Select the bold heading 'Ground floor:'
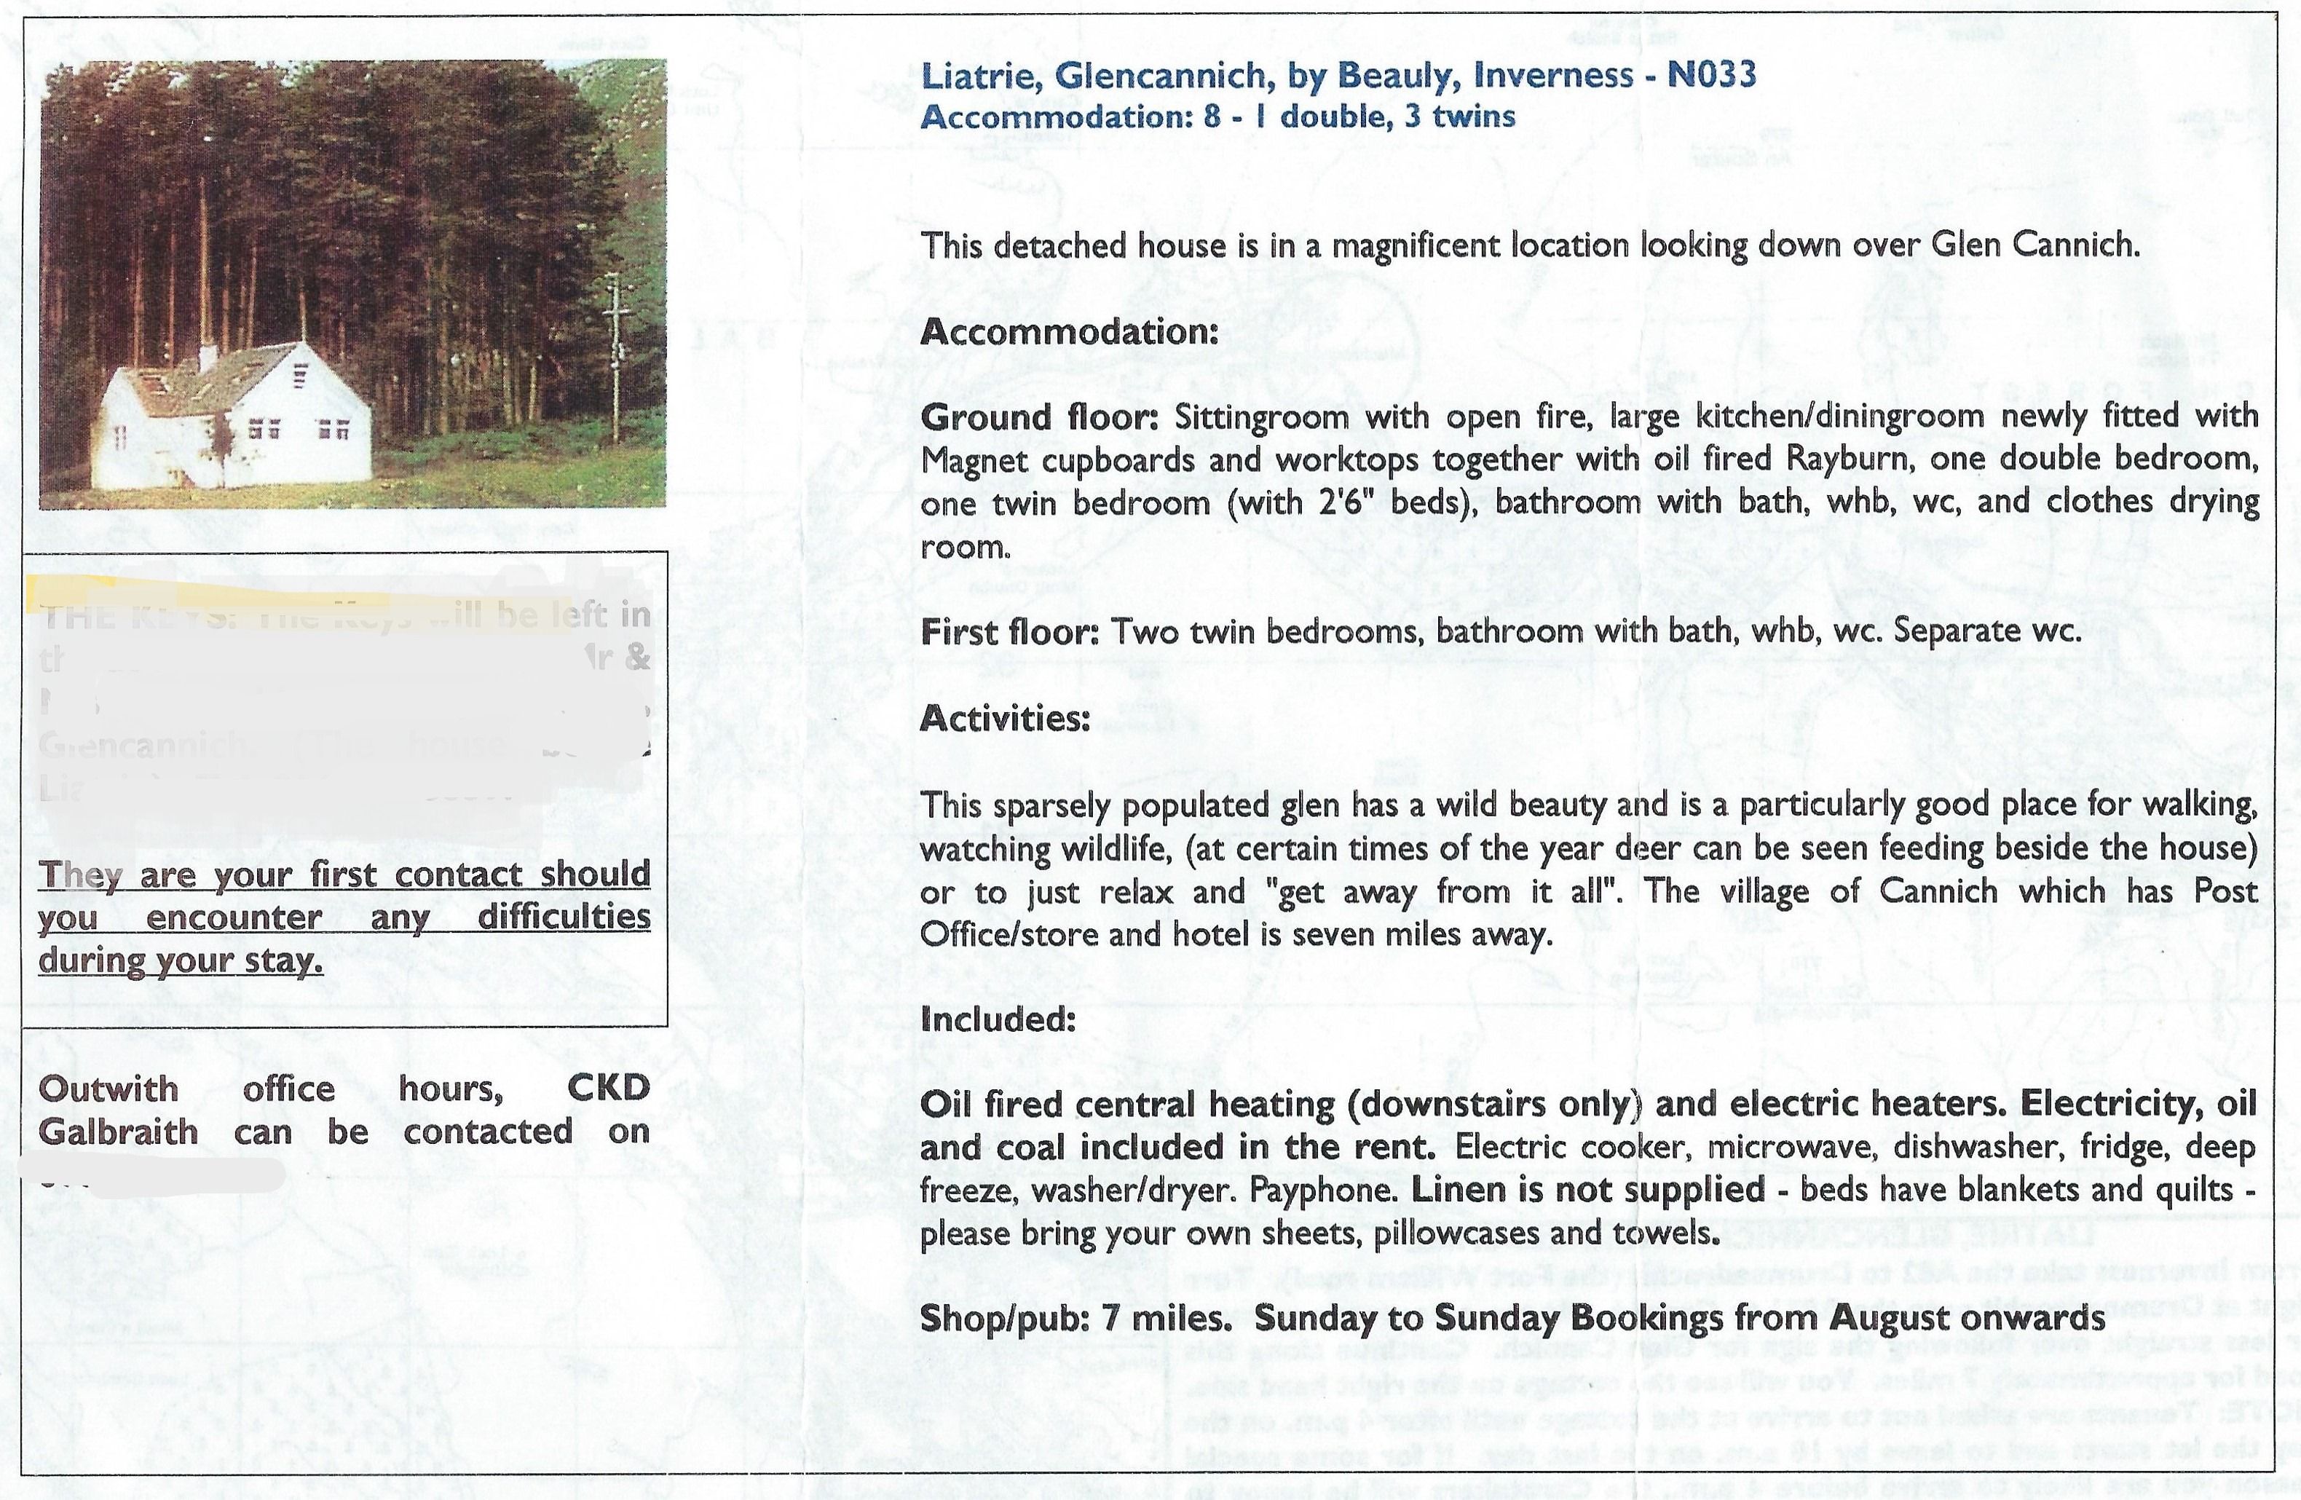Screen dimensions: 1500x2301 coord(1039,417)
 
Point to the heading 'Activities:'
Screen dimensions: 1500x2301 coord(1005,718)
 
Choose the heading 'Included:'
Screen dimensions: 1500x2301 coord(998,1019)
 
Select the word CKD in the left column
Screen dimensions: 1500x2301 coord(608,1089)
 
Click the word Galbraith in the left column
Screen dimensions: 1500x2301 coord(118,1132)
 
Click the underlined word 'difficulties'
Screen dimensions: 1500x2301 coord(564,916)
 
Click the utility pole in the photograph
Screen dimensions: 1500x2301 coord(616,358)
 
